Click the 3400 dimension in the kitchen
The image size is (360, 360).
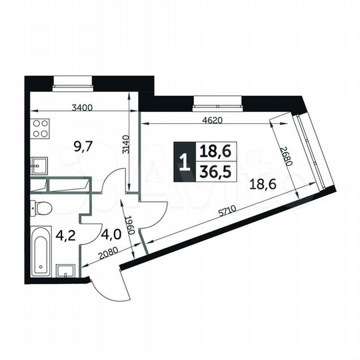[82, 107]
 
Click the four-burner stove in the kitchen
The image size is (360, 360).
[39, 127]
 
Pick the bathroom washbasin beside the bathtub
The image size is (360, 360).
[65, 271]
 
